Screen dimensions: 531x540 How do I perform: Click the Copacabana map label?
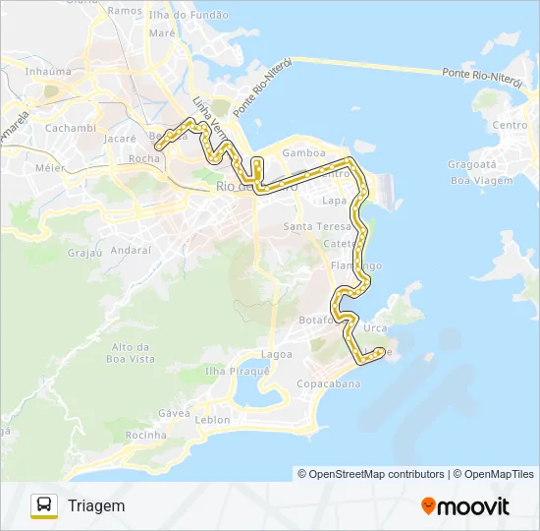pos(329,383)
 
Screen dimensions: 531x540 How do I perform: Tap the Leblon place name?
pos(213,420)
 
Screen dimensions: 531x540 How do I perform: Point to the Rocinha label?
pos(146,435)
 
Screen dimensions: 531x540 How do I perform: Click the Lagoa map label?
pos(276,353)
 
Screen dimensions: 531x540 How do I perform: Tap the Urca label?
pos(375,327)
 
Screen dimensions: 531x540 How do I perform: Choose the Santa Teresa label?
pos(311,227)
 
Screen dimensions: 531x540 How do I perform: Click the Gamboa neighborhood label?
pos(302,153)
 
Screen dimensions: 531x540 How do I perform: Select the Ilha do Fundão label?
pos(189,15)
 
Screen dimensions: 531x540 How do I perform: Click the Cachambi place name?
pos(70,128)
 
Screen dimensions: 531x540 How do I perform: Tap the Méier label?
pos(49,168)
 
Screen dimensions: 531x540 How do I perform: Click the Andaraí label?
pos(131,250)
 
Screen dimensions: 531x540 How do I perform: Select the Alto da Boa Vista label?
pos(134,353)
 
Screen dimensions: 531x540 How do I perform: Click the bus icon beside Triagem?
pos(44,505)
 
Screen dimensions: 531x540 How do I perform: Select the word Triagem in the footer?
pos(96,505)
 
